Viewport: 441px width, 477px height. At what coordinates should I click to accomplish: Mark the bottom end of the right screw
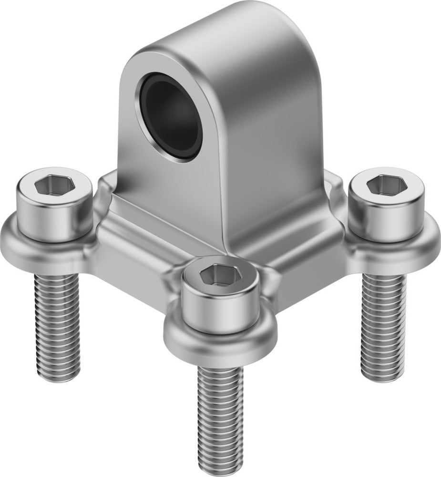pos(384,377)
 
